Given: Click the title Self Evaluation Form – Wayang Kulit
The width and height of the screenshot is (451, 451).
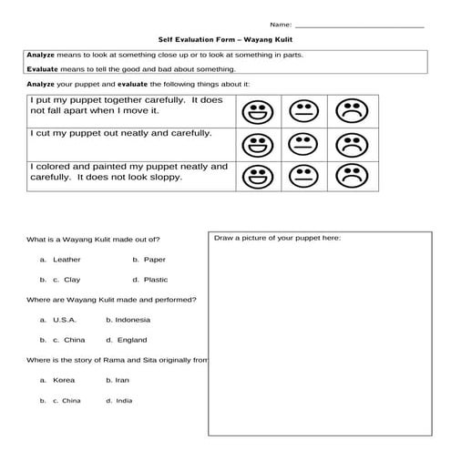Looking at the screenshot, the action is click(x=225, y=41).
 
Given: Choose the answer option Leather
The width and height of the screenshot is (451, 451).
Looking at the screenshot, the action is click(x=67, y=260).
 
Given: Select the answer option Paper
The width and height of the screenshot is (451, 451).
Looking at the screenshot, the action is click(x=155, y=260).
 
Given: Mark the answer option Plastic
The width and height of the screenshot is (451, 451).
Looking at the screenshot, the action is click(x=156, y=280).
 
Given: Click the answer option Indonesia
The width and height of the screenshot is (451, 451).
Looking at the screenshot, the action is click(x=133, y=320).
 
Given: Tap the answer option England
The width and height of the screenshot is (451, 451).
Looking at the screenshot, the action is click(x=131, y=340).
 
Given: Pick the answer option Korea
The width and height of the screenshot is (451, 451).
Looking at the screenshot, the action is click(x=64, y=379).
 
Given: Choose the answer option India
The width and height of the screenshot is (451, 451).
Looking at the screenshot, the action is click(x=124, y=400).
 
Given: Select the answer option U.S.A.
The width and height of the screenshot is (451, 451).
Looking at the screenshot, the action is click(x=65, y=320).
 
